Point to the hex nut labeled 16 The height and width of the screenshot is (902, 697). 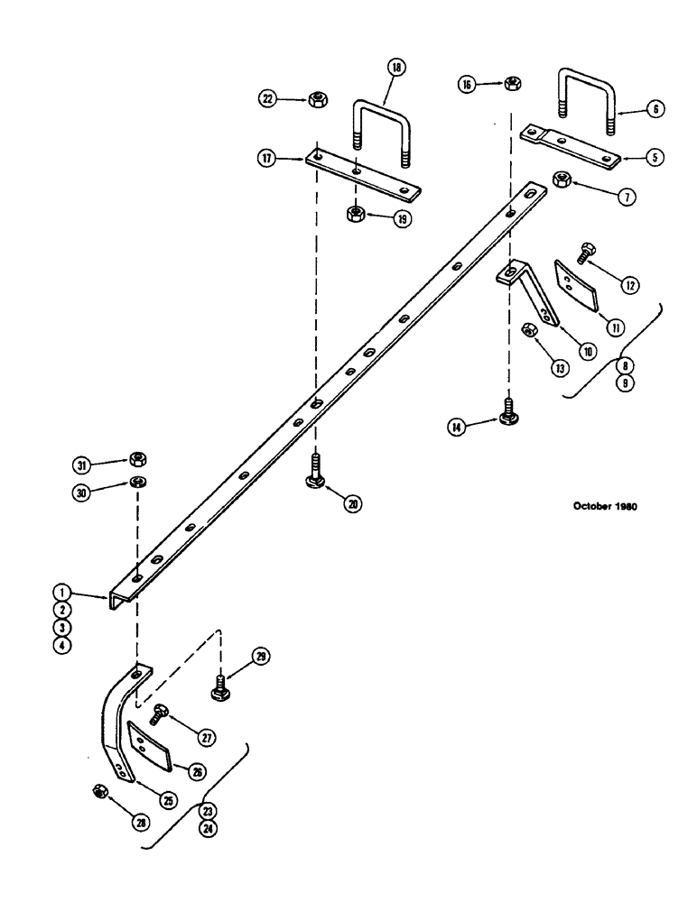(x=509, y=84)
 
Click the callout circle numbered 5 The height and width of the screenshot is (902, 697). (x=655, y=155)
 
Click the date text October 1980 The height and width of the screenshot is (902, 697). (x=605, y=507)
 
